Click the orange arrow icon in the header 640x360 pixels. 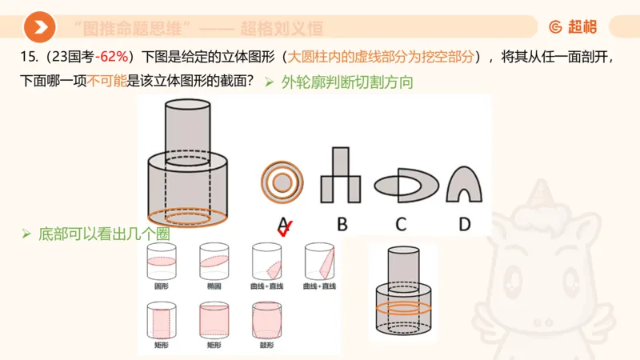pyautogui.click(x=39, y=28)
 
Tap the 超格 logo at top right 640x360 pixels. pyautogui.click(x=573, y=27)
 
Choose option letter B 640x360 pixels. pyautogui.click(x=342, y=224)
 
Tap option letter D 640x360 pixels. pyautogui.click(x=465, y=224)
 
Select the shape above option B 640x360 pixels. pyautogui.click(x=341, y=178)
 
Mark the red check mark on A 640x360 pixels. pyautogui.click(x=283, y=230)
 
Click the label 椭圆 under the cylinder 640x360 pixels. pyautogui.click(x=214, y=286)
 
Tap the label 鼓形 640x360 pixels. pyautogui.click(x=266, y=345)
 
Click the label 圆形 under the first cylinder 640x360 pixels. pyautogui.click(x=162, y=286)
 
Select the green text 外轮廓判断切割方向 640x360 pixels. pyautogui.click(x=346, y=82)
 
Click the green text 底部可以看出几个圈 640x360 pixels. pyautogui.click(x=104, y=234)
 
